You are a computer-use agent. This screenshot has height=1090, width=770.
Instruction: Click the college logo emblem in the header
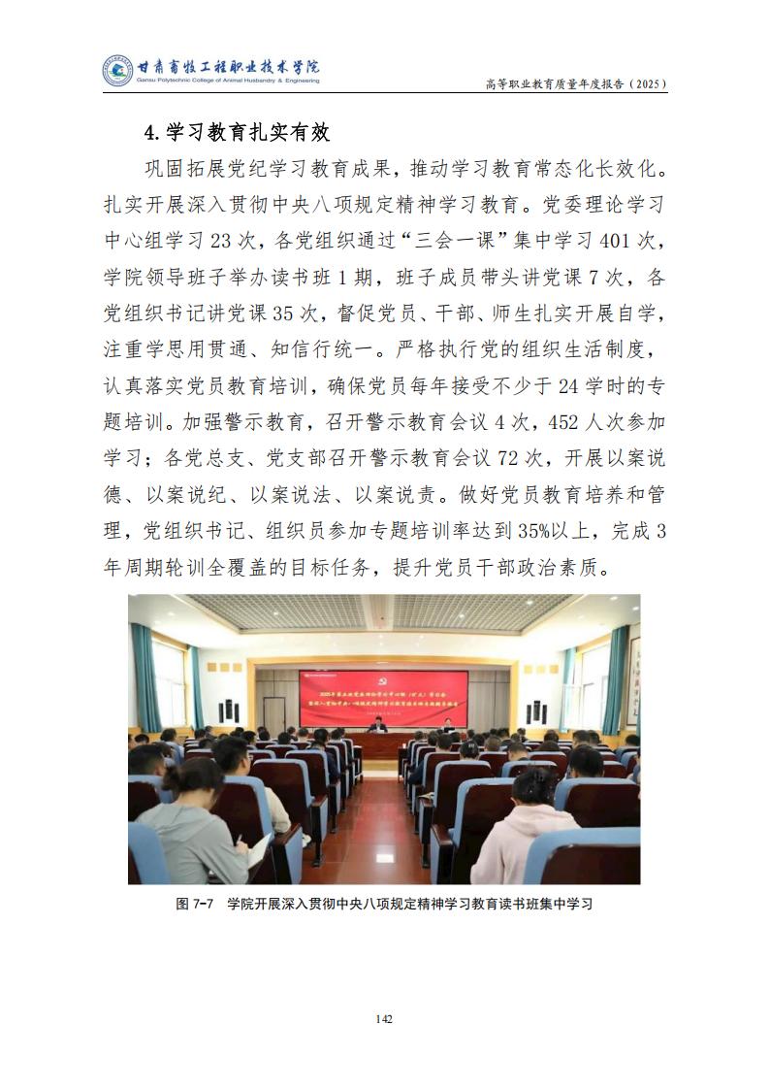(119, 71)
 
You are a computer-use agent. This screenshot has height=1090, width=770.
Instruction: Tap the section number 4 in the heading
(151, 132)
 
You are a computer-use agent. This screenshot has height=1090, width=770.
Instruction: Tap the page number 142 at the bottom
(384, 1018)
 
